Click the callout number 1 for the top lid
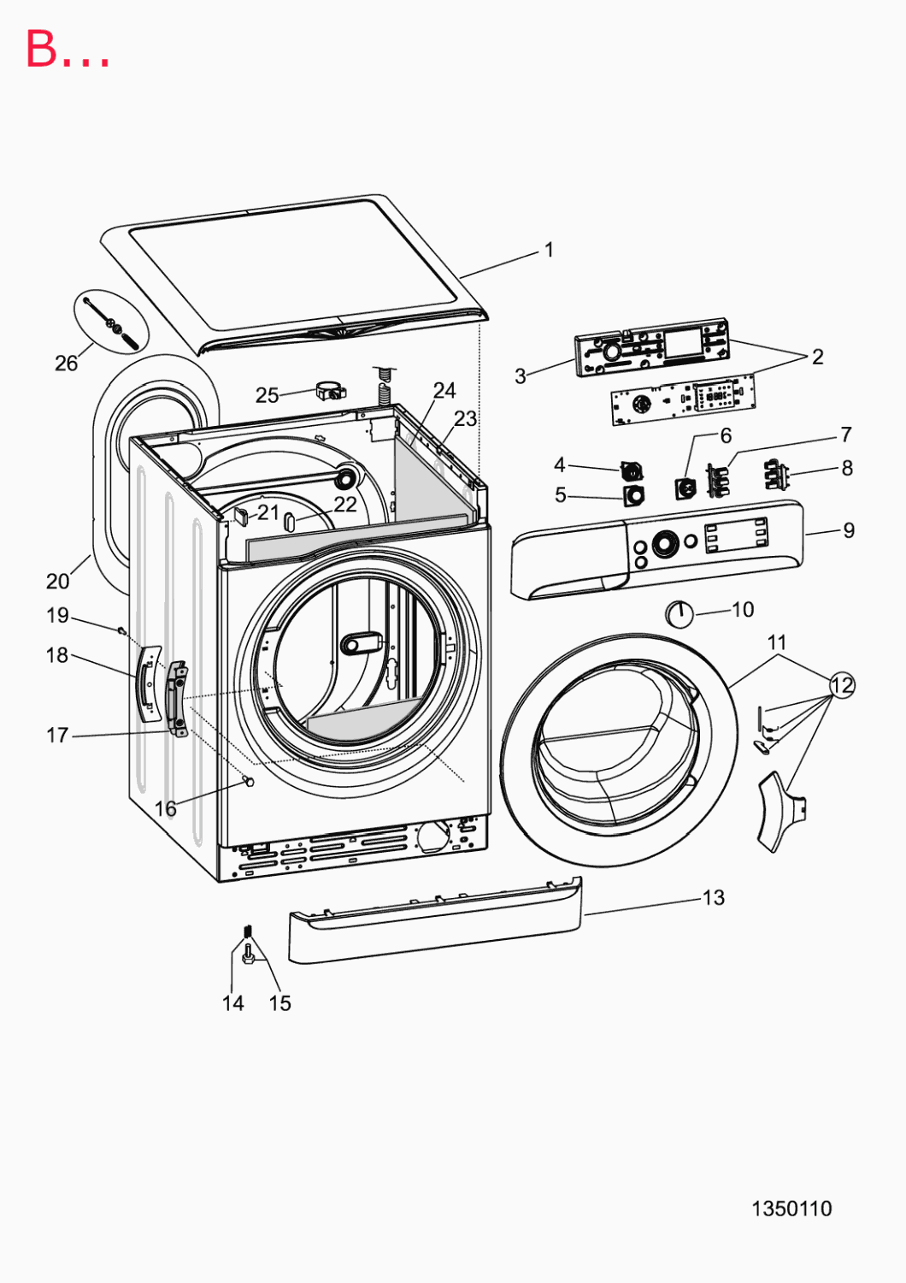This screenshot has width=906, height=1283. tap(549, 250)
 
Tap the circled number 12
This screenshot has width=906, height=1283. tap(842, 685)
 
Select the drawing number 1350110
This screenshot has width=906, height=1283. tap(791, 1209)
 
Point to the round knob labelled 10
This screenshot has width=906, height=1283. tap(679, 614)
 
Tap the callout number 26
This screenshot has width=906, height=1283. tap(66, 364)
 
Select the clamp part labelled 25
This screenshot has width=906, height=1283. tap(332, 391)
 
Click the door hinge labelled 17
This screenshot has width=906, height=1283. tap(177, 700)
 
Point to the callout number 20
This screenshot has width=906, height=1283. tap(58, 582)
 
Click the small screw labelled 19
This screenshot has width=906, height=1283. tap(121, 630)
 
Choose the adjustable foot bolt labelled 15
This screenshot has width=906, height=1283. tap(249, 955)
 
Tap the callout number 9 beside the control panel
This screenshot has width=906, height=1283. tap(849, 530)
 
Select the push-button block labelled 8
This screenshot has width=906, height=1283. tap(776, 476)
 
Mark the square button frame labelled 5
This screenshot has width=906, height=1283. tap(633, 495)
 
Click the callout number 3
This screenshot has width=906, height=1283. tap(520, 376)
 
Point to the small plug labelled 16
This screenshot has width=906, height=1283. tap(249, 781)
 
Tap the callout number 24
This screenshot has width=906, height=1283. tap(444, 391)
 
